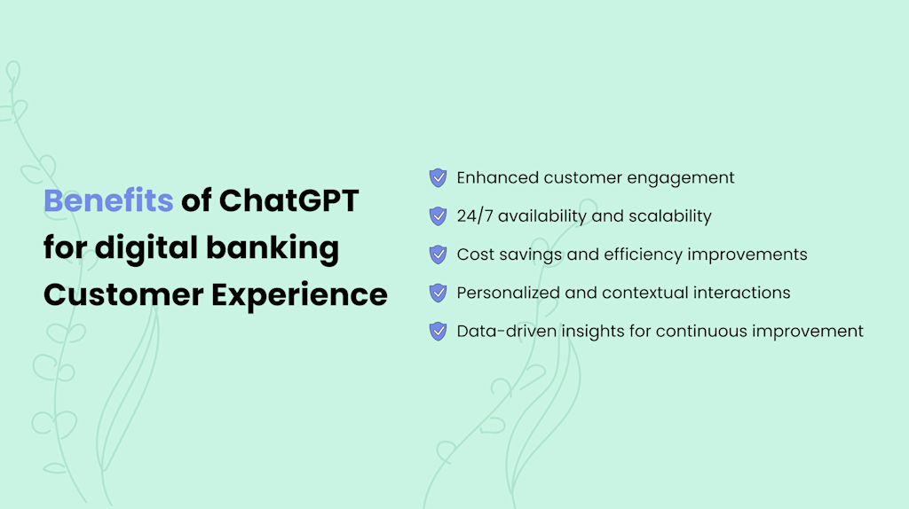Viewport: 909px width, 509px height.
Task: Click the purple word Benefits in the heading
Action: point(108,201)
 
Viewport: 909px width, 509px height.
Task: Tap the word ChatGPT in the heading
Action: point(289,201)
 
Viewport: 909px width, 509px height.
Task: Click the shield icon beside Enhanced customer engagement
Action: point(438,177)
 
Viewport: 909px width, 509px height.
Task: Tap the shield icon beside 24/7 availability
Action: point(438,215)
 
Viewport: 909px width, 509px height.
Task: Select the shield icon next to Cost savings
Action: point(438,254)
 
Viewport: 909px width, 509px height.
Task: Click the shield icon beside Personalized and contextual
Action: point(438,293)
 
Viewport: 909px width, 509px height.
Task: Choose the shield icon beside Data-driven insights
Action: point(438,331)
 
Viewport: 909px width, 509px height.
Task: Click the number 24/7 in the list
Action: point(476,215)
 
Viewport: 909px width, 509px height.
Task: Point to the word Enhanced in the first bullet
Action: point(497,177)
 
